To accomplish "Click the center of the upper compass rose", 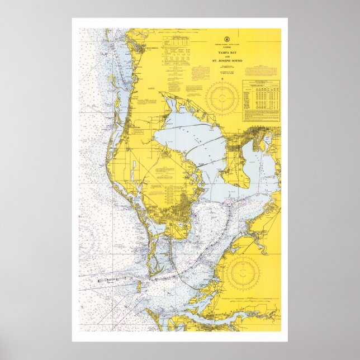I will (x=221, y=98).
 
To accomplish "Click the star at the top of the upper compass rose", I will (x=221, y=82).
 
